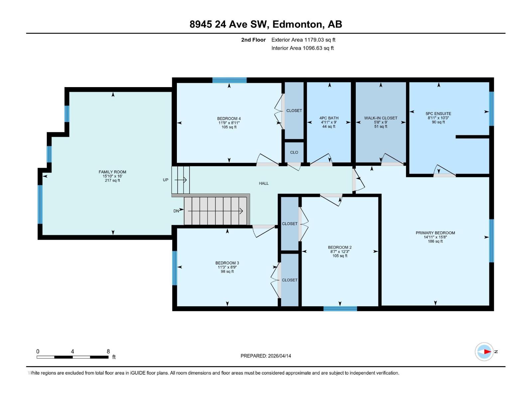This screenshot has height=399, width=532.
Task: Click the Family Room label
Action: (112, 172)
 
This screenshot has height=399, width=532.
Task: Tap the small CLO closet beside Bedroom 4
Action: (294, 152)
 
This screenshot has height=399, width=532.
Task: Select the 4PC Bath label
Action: (329, 118)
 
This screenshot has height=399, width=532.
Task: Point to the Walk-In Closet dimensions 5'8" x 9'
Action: (381, 122)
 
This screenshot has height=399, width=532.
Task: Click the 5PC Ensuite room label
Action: (438, 113)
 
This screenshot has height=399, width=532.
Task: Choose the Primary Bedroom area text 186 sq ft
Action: (435, 241)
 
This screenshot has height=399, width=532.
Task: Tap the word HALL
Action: (264, 183)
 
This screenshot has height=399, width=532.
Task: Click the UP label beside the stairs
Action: (166, 180)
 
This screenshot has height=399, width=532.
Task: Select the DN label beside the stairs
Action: (176, 211)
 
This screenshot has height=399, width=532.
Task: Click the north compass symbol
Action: (484, 351)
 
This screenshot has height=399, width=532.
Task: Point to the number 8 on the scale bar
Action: (108, 351)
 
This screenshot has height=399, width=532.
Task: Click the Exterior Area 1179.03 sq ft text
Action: (303, 40)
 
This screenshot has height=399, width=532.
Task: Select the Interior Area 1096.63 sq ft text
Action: (303, 48)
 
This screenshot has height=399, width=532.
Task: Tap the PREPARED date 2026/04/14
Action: (266, 356)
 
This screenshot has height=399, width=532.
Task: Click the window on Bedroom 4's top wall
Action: (229, 80)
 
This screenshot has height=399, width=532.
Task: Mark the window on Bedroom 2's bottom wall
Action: (340, 309)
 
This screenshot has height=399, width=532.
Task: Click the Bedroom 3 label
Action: (227, 263)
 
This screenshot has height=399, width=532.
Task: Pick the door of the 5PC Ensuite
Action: (445, 171)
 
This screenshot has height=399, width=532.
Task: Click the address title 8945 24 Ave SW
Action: (266, 24)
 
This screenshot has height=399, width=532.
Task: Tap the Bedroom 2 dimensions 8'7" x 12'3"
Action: (339, 252)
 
